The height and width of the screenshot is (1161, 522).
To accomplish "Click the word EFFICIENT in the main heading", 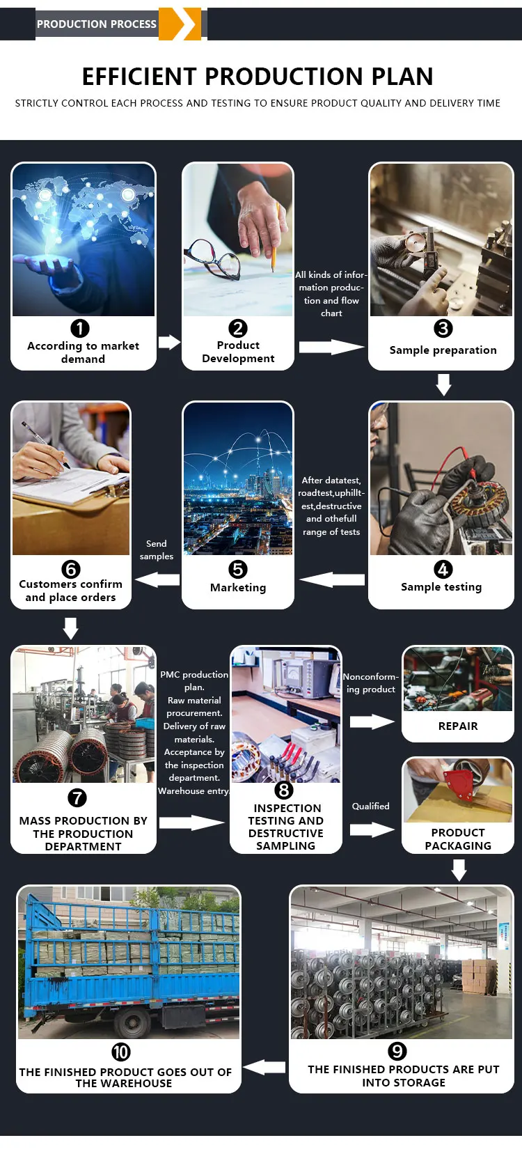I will [x=139, y=77].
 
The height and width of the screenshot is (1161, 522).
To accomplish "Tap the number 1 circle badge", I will [x=80, y=328].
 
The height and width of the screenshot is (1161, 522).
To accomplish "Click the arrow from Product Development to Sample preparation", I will [x=331, y=347].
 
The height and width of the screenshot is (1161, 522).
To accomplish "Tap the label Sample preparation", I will [x=443, y=350].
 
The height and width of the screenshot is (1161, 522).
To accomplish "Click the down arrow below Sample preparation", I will [x=443, y=384].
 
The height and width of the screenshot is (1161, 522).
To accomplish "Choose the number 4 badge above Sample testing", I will [x=443, y=569].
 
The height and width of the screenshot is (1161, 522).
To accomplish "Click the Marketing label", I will [x=238, y=587].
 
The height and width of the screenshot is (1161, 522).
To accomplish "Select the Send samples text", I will [x=157, y=550].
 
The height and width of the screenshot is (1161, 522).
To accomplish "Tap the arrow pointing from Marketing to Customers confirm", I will [x=158, y=579].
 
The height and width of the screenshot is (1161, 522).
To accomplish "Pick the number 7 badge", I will [x=77, y=797].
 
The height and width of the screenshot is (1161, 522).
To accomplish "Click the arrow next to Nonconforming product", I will [x=372, y=722].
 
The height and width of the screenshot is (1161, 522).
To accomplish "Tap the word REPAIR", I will [x=458, y=726].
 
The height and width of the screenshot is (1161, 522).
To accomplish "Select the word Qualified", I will [x=370, y=806].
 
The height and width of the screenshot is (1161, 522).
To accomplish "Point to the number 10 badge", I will [x=121, y=1052].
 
